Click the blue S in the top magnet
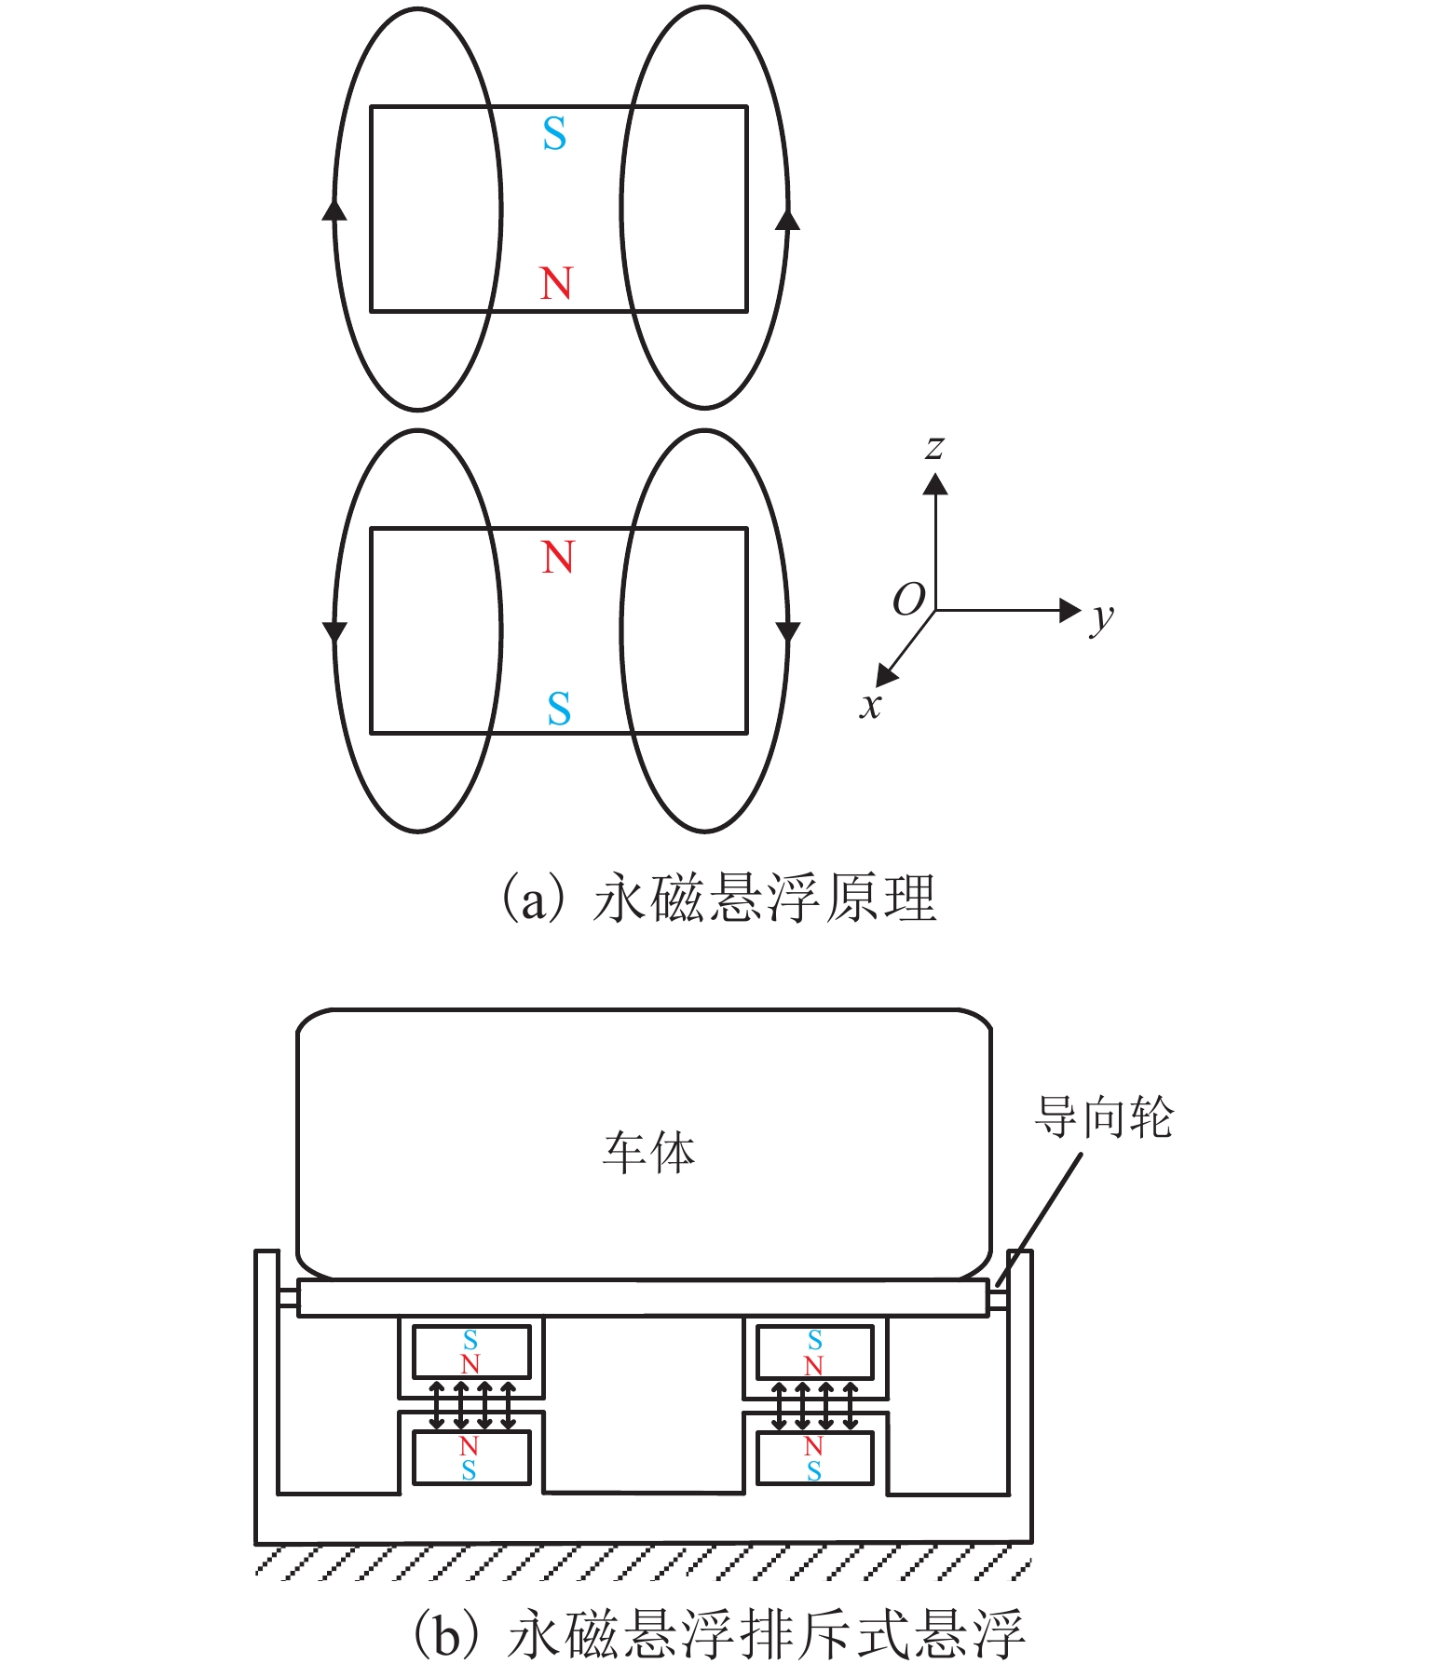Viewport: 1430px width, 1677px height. coord(554,135)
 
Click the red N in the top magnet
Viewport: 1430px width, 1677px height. coord(556,283)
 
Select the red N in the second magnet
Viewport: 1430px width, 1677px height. coord(558,558)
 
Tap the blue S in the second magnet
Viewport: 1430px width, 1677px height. coord(559,710)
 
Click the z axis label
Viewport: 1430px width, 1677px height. coord(934,448)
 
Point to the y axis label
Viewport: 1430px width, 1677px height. coord(1102,617)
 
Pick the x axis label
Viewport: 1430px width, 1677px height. coord(870,705)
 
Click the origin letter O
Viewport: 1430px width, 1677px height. coord(908,600)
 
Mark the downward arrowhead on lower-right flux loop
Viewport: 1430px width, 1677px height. coord(788,632)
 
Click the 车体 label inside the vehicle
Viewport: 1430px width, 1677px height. coord(648,1153)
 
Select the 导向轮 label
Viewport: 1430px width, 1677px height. coord(1104,1117)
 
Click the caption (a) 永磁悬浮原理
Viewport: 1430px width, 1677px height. coord(717,899)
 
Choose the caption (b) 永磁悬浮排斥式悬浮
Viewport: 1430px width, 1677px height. coord(717,1635)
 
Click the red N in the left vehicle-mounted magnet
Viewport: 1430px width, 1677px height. coord(470,1364)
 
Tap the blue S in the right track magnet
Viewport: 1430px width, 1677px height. coord(814,1471)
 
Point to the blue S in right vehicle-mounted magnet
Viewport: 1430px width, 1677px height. coord(815,1340)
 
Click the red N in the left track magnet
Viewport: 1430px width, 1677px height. coord(469,1446)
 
